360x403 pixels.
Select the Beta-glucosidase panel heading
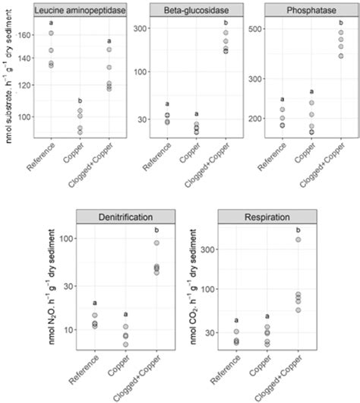[x=194, y=10]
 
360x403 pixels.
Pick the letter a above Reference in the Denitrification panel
[x=95, y=303]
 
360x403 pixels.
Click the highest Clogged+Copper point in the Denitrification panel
[x=157, y=243]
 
